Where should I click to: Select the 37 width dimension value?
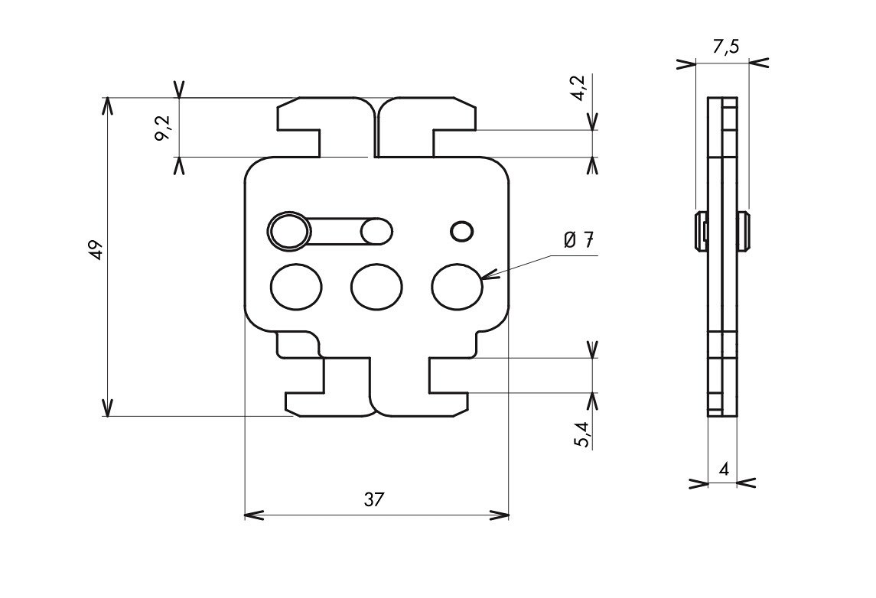[374, 499]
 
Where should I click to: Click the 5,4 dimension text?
[581, 435]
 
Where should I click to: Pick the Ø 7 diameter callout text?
[579, 241]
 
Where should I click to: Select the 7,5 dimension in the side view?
[726, 47]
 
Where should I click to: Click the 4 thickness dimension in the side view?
[724, 469]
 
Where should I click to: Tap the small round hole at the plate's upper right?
[462, 231]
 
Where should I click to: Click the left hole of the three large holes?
[296, 287]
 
